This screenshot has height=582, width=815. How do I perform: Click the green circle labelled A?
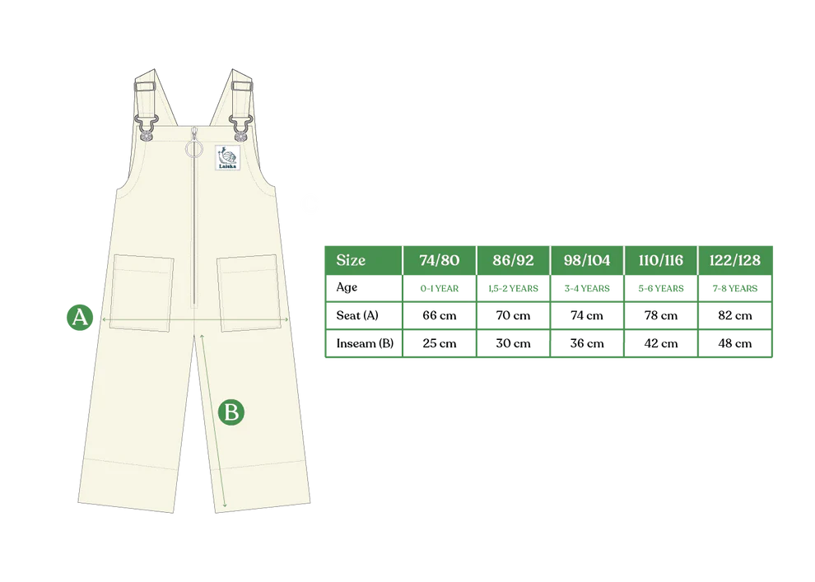pyautogui.click(x=79, y=316)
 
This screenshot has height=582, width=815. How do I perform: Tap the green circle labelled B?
pyautogui.click(x=231, y=412)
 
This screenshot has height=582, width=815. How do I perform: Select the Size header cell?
pyautogui.click(x=362, y=260)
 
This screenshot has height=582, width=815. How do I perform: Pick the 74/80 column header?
pyautogui.click(x=439, y=260)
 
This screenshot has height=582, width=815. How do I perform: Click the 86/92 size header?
pyautogui.click(x=513, y=260)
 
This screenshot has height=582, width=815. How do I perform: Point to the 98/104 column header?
pyautogui.click(x=586, y=260)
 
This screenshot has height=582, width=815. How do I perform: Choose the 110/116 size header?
pyautogui.click(x=660, y=260)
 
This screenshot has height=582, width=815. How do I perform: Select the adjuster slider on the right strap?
pyautogui.click(x=242, y=85)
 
